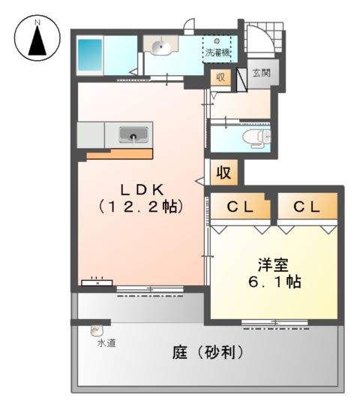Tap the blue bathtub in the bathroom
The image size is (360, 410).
[91, 53]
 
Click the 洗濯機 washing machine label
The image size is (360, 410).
[217, 53]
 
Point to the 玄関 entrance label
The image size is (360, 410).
[261, 73]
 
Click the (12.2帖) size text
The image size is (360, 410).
[141, 205]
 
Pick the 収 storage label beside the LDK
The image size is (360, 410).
[223, 173]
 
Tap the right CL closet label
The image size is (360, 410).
[307, 204]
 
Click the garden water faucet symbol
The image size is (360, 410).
[97, 329]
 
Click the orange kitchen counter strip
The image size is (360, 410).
[118, 154]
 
